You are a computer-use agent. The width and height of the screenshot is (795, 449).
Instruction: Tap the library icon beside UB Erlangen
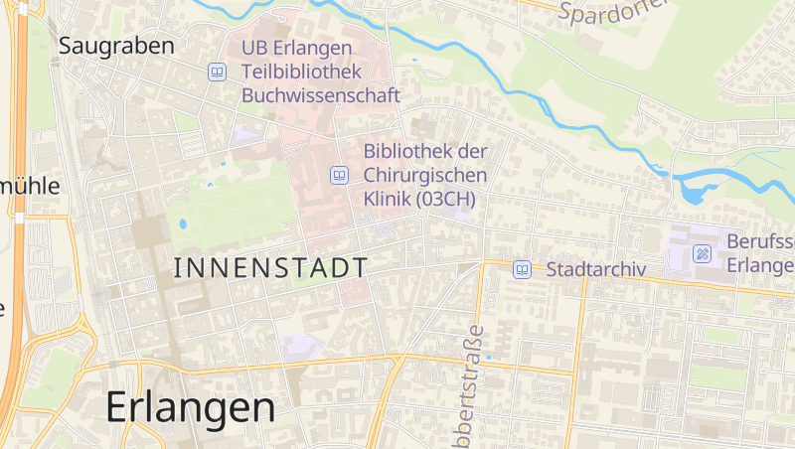pos(217,72)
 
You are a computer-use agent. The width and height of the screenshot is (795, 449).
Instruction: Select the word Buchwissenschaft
pos(320,95)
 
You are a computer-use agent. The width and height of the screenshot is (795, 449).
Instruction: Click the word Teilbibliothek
pos(295,72)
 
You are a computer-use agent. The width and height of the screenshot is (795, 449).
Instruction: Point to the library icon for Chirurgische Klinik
pos(339,175)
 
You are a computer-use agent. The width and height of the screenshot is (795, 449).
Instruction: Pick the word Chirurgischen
pos(425,175)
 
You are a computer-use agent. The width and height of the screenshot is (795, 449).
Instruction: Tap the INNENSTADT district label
pos(270,267)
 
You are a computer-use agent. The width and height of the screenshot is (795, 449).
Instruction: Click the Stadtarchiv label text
pos(596,269)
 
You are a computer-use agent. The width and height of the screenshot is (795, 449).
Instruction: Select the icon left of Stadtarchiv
pos(522,269)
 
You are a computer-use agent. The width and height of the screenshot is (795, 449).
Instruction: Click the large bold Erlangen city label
pos(189,406)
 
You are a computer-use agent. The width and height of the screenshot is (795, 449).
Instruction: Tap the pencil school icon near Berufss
pos(703,253)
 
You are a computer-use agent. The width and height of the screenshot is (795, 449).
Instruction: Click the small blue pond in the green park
pos(183,224)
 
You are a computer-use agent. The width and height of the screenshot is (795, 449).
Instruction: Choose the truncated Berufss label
pos(760,241)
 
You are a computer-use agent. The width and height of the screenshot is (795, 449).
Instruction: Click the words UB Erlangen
pos(297,48)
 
